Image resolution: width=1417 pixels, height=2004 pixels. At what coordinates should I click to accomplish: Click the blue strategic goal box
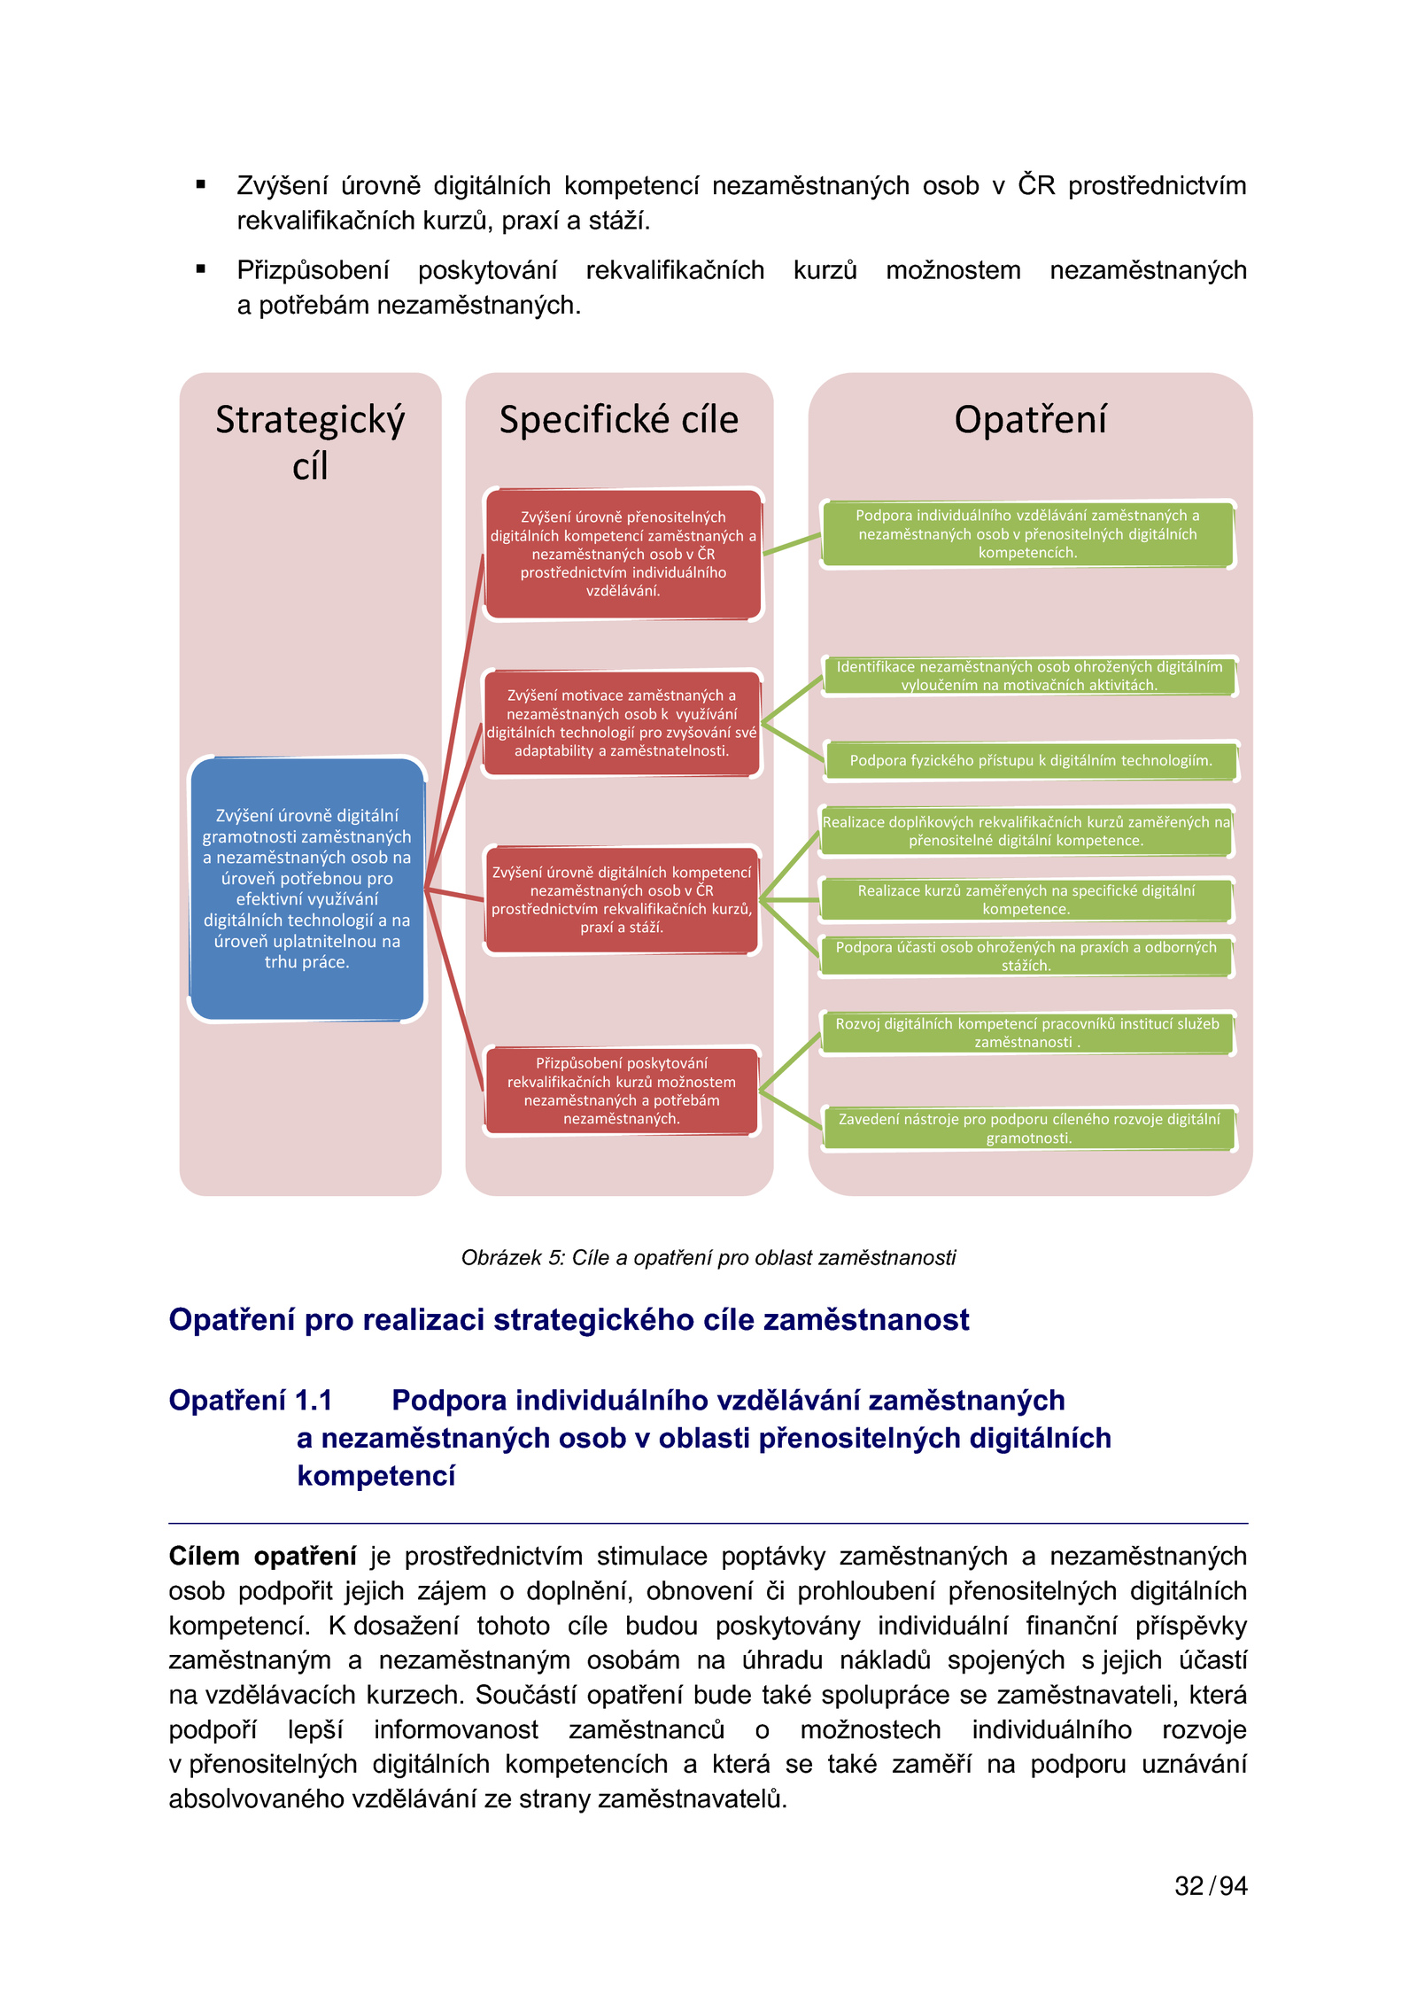coord(306,889)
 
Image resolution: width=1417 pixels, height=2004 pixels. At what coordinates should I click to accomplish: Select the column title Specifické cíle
coord(618,419)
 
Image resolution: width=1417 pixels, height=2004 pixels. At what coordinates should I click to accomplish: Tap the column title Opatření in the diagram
coord(1030,419)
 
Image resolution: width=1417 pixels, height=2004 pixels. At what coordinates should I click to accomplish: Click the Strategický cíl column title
coord(310,441)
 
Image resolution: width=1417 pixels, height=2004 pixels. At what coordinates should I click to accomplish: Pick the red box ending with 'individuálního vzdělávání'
coord(623,554)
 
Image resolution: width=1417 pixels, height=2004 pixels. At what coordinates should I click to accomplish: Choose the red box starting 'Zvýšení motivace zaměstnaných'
coord(622,723)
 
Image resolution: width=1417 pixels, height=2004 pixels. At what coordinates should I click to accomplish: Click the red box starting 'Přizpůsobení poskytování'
coord(622,1091)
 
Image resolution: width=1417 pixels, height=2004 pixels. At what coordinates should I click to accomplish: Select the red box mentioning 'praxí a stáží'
coord(622,899)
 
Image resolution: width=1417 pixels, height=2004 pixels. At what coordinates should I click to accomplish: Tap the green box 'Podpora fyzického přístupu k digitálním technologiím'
coord(1030,760)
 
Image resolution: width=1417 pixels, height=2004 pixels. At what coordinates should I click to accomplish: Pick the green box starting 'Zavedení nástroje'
coord(1028,1128)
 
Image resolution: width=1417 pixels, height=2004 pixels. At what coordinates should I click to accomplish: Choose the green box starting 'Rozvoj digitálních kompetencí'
coord(1026,1033)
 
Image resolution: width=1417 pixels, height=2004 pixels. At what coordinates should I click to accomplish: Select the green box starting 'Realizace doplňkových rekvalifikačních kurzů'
coord(1026,831)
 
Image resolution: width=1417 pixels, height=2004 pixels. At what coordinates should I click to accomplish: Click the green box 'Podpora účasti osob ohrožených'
coord(1026,956)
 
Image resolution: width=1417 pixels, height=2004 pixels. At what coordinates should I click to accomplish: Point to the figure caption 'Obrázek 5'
coord(708,1257)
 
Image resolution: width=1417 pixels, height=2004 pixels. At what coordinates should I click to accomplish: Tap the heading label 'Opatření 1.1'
coord(251,1400)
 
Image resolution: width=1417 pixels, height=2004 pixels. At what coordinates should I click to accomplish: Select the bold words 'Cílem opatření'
coord(262,1556)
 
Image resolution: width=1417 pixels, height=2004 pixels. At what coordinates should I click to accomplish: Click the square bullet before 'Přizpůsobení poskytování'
coord(201,269)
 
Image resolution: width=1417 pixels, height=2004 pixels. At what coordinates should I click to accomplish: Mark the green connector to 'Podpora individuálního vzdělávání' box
coord(792,544)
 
